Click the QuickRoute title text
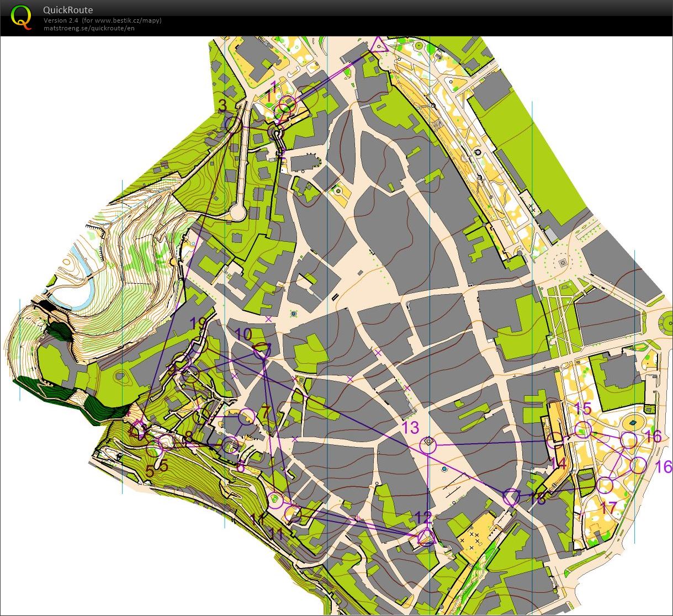(x=68, y=10)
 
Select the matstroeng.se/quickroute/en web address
(x=89, y=28)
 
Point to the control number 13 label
(x=411, y=427)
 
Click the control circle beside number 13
(x=428, y=444)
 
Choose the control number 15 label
(x=583, y=409)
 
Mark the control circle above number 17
(x=605, y=485)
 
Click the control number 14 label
(x=558, y=463)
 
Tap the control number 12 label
(x=423, y=517)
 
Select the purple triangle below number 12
(x=425, y=537)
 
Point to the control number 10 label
(x=243, y=334)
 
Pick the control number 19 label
(x=198, y=323)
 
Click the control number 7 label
(x=266, y=412)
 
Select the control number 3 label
(x=222, y=105)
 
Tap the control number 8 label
(x=189, y=438)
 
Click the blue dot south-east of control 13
(x=445, y=469)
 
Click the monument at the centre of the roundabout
(x=563, y=263)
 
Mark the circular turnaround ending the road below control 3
(x=238, y=212)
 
